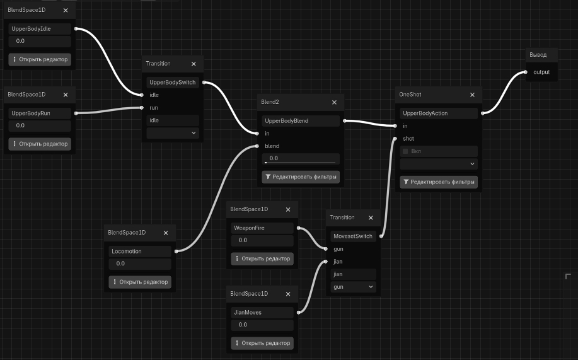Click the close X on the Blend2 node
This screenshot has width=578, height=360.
(334, 102)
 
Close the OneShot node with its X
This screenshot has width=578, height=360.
(472, 95)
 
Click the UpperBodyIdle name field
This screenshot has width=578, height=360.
(40, 29)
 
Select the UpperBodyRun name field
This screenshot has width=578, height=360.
(40, 113)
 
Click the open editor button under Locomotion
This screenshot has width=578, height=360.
(140, 282)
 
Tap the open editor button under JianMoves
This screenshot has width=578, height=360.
(262, 343)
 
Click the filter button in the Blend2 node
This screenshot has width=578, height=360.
(301, 177)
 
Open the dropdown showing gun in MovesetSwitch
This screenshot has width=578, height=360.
(353, 287)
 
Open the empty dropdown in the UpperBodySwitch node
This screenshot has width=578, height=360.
(173, 133)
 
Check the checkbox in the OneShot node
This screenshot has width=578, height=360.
(405, 151)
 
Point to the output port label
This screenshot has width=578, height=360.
(541, 72)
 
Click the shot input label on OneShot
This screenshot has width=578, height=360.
(408, 139)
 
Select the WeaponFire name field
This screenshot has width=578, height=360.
(262, 228)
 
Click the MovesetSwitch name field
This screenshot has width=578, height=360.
(353, 236)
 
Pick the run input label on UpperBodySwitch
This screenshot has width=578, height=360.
(154, 108)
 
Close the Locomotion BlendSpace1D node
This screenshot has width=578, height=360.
(166, 233)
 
